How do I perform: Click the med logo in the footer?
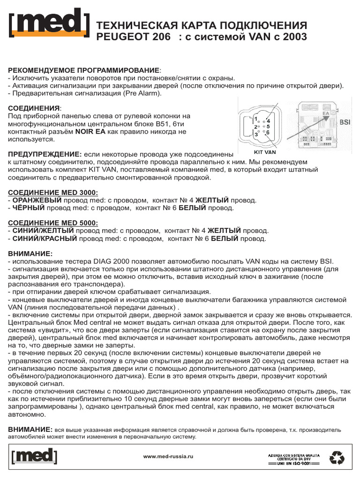click(33, 456)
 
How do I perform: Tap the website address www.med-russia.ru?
click(168, 456)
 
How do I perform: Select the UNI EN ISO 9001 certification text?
click(293, 463)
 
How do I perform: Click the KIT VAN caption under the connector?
click(265, 152)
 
